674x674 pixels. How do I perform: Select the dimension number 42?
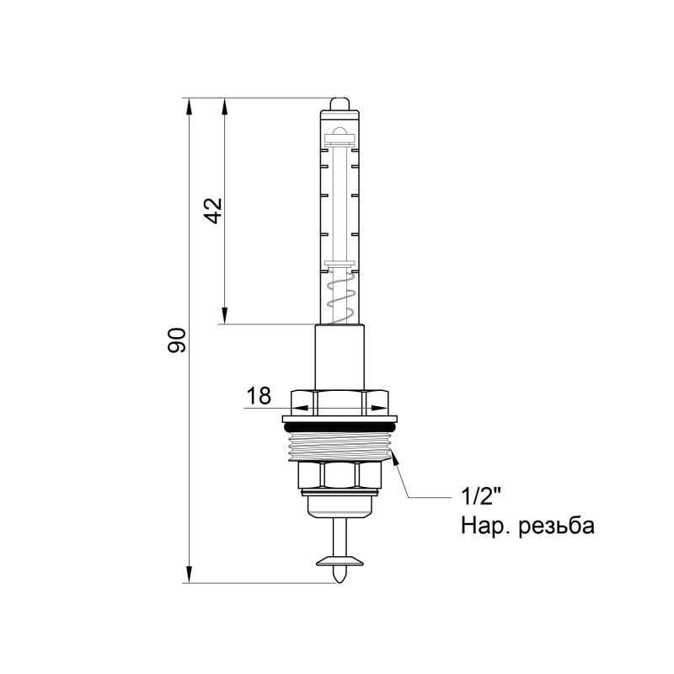pos(213,211)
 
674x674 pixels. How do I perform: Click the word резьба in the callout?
pos(557,526)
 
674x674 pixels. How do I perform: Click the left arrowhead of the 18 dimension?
pos(297,409)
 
